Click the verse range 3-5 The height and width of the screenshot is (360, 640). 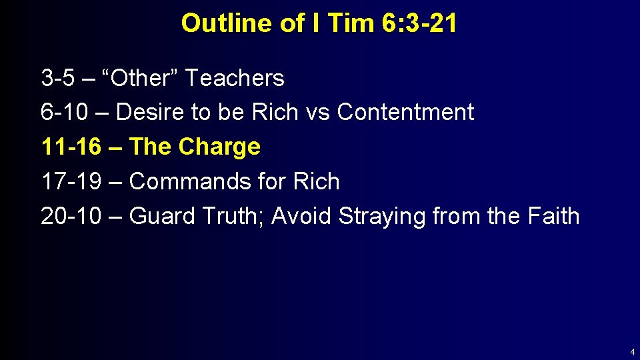point(58,79)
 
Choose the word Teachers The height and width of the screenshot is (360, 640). point(234,79)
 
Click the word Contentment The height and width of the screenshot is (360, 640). point(405,113)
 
